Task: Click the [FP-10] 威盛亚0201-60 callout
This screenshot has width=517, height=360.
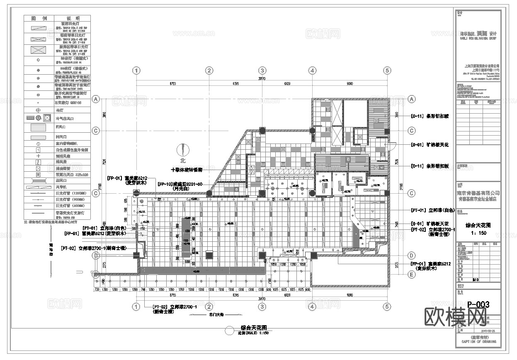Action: (179, 184)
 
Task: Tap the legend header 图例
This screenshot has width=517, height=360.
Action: (39, 19)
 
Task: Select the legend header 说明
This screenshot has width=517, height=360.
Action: (73, 19)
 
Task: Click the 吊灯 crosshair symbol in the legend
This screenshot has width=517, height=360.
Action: (39, 110)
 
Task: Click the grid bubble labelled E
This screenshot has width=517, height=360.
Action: (412, 274)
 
